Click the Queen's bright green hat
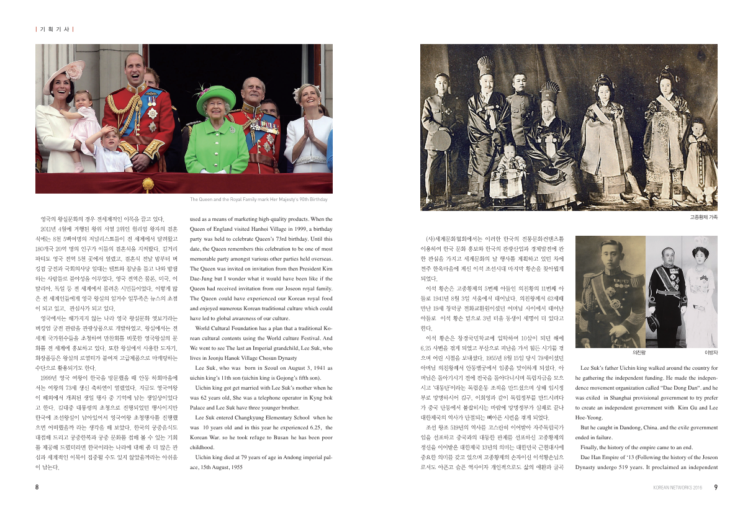[x=216, y=98]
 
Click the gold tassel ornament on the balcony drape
[x=148, y=184]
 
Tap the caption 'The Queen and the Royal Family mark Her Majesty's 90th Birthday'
[x=258, y=200]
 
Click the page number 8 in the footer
[x=37, y=487]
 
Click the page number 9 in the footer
[x=716, y=487]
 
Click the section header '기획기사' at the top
[x=55, y=29]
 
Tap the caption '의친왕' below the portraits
[x=639, y=352]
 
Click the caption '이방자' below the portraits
[x=710, y=352]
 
